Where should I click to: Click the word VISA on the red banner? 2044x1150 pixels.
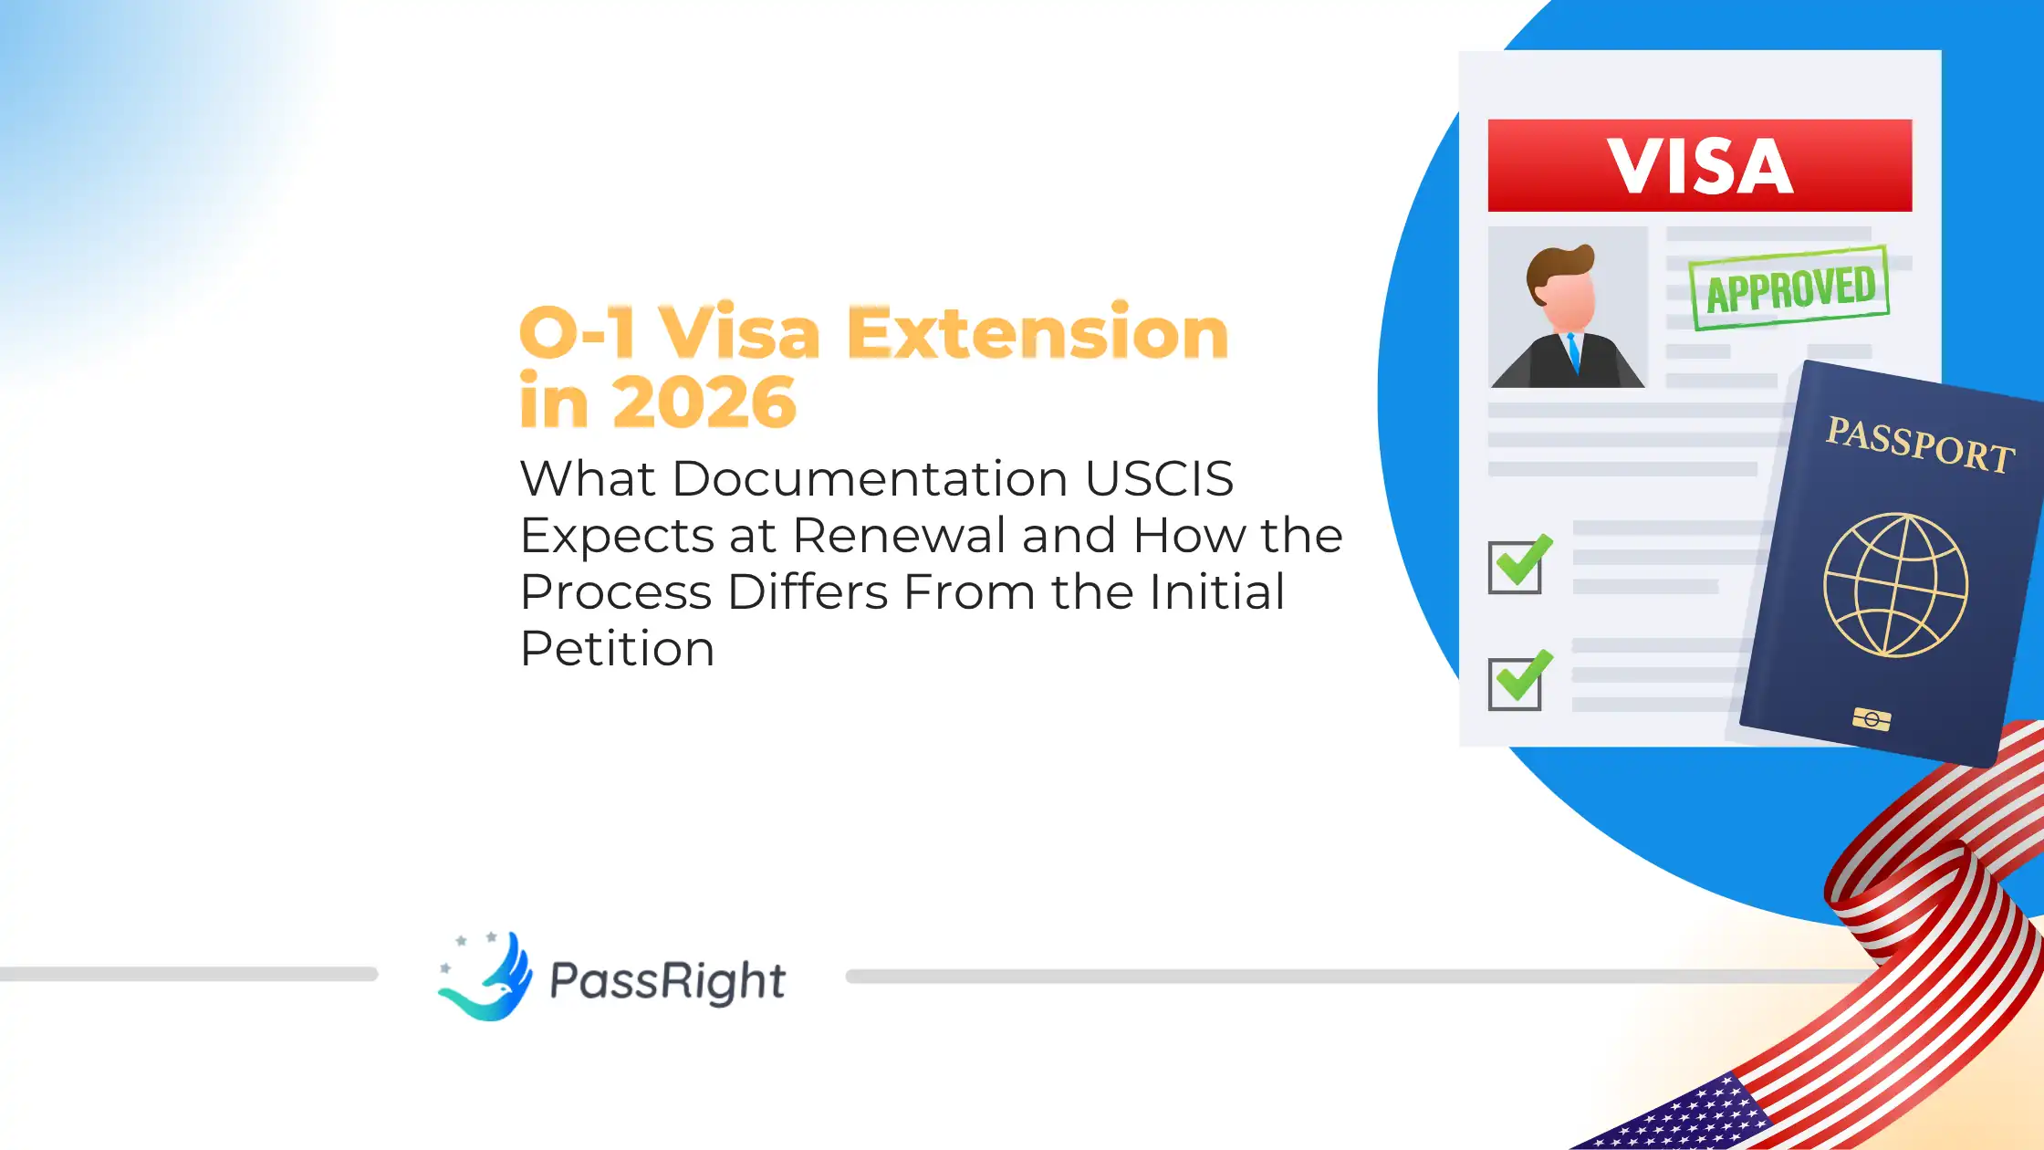pyautogui.click(x=1699, y=166)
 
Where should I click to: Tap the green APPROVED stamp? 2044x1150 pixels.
pyautogui.click(x=1789, y=288)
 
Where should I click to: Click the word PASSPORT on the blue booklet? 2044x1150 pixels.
pyautogui.click(x=1919, y=444)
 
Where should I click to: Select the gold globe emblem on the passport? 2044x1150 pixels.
pyautogui.click(x=1895, y=585)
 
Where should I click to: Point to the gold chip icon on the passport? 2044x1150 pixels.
pyautogui.click(x=1872, y=720)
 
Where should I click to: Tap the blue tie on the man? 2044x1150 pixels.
pyautogui.click(x=1572, y=351)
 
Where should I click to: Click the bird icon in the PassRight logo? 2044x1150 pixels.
pyautogui.click(x=489, y=977)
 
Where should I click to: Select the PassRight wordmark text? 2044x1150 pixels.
pyautogui.click(x=667, y=981)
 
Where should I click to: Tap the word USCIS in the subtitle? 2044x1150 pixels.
pyautogui.click(x=1159, y=478)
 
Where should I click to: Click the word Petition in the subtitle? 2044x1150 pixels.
pyautogui.click(x=617, y=649)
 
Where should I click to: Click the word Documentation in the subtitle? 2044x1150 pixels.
pyautogui.click(x=870, y=478)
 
